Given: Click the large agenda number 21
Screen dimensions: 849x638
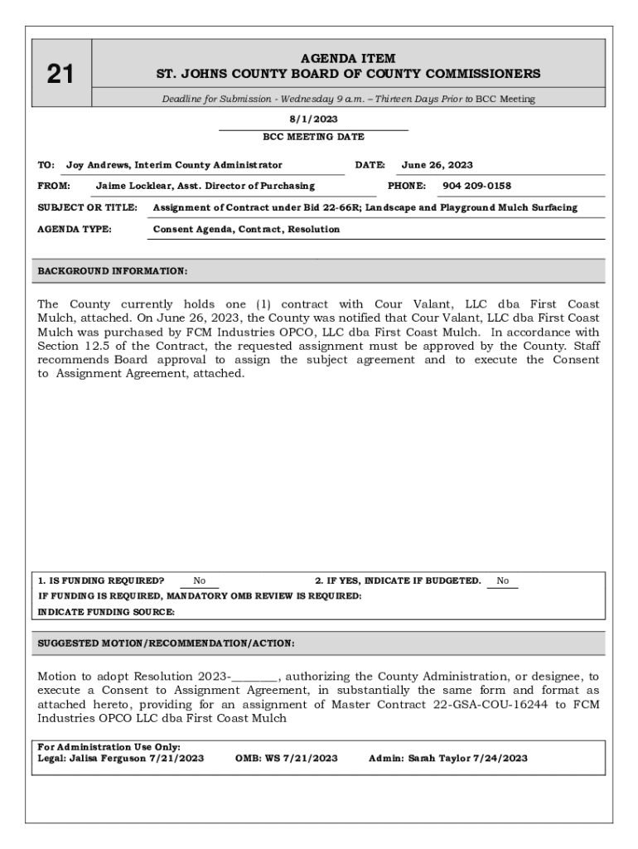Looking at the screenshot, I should click(60, 75).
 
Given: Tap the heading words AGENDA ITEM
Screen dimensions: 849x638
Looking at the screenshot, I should click(348, 59).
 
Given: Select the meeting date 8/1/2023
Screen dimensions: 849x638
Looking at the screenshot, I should click(313, 119).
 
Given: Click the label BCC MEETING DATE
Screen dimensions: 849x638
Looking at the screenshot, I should click(313, 137).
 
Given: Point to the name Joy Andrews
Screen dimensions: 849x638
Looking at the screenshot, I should click(98, 165).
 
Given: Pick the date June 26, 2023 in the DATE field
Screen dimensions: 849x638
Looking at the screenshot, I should click(437, 165).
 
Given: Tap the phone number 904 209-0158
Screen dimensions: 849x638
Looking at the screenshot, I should click(476, 186).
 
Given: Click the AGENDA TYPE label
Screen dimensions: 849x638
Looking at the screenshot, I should click(75, 229).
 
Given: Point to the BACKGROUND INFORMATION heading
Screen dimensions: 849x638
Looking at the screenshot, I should click(113, 271).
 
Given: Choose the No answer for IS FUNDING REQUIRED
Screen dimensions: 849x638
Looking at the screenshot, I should click(200, 581).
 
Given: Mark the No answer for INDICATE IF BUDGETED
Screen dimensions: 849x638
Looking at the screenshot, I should click(503, 581).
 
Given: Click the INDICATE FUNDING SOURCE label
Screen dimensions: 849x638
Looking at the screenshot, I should click(107, 612).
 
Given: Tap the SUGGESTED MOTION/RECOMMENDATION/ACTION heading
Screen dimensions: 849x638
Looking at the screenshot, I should click(167, 643).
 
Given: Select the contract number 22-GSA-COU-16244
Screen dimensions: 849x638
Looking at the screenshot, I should click(451, 705).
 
